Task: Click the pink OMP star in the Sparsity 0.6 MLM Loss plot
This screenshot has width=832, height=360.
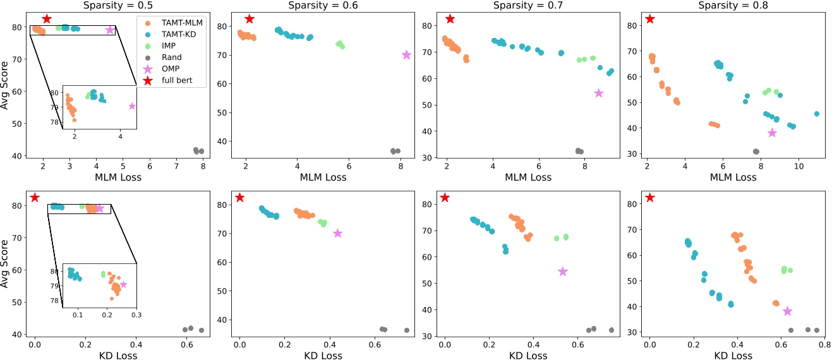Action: [406, 55]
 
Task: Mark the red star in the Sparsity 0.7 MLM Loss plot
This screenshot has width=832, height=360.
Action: [450, 19]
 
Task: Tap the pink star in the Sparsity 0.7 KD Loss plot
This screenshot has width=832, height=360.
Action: [563, 272]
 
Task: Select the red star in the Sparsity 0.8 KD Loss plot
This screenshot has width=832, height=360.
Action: [650, 198]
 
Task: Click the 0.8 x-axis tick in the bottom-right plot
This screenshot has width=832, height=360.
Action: [824, 345]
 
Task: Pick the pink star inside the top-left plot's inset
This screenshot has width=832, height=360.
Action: [132, 106]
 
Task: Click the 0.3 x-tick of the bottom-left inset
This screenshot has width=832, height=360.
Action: [136, 313]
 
